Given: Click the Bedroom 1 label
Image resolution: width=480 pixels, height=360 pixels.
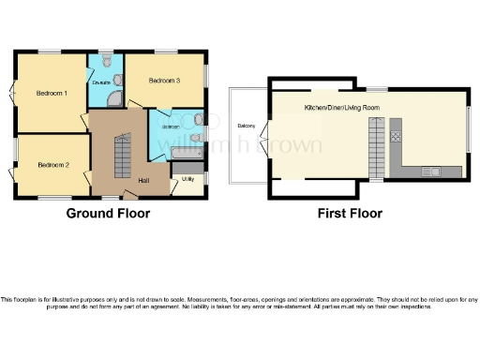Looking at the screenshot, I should coord(52,93).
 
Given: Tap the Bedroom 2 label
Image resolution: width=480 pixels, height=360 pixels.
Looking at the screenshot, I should coord(52,165).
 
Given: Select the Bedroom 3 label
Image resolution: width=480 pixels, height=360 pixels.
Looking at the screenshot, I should coord(164,82).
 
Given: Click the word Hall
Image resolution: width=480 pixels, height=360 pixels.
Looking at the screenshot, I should coord(143,180).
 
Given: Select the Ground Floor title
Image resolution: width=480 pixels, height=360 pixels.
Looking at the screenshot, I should coord(107,214).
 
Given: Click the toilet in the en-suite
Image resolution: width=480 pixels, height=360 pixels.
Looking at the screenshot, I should coord(108,62).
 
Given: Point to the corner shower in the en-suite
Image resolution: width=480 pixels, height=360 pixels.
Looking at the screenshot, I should coord(113,100).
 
